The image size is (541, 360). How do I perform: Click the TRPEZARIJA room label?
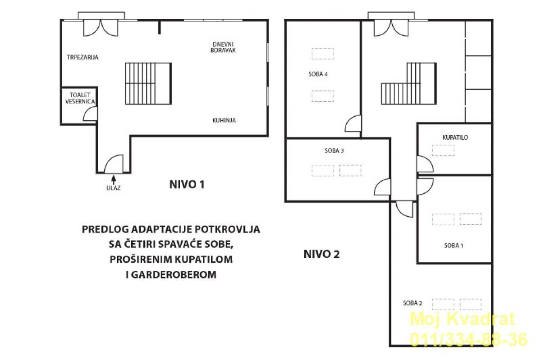83,58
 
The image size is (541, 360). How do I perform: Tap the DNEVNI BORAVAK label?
223,47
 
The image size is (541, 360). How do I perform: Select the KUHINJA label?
224,120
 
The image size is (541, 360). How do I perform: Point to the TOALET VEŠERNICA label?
80,98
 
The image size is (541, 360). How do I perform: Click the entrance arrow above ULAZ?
113,180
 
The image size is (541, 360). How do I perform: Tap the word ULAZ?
113,188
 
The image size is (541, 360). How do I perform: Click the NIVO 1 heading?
187,185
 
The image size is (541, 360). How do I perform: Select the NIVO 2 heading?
321,254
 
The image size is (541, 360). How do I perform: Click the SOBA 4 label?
318,74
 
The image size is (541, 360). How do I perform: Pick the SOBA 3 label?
334,150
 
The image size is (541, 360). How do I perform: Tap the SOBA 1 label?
454,246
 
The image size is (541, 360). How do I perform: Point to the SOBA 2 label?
413,303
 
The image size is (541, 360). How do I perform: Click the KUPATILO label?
455,137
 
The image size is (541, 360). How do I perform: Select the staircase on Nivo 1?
148,83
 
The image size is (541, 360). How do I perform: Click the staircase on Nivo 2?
409,83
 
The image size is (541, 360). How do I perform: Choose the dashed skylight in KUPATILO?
443,150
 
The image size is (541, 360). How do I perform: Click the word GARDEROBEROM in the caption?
174,274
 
